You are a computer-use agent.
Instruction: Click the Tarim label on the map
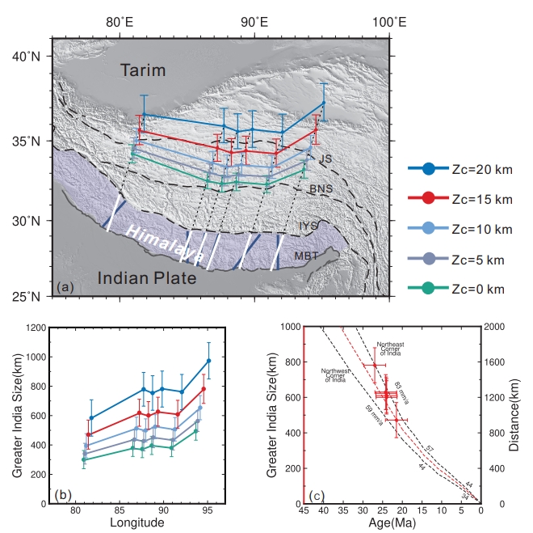pos(143,71)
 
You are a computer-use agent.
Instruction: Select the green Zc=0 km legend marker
pos(429,288)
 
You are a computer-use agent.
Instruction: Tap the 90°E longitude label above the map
pos(256,20)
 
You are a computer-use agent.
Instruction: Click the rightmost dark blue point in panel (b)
pos(208,361)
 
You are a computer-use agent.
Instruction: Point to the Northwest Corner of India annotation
pos(334,374)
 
